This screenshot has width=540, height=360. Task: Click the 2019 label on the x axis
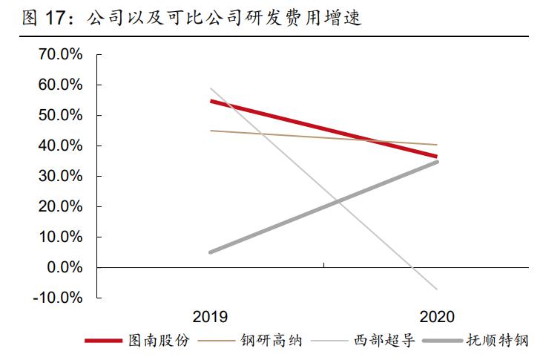coord(211,316)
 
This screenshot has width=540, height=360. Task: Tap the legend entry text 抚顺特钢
coord(501,341)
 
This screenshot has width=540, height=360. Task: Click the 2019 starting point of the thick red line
coord(211,101)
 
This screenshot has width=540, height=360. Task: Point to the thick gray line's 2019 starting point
coord(211,252)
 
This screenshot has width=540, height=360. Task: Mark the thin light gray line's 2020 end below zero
coord(437,289)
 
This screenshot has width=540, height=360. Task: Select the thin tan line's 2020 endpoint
coord(437,145)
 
